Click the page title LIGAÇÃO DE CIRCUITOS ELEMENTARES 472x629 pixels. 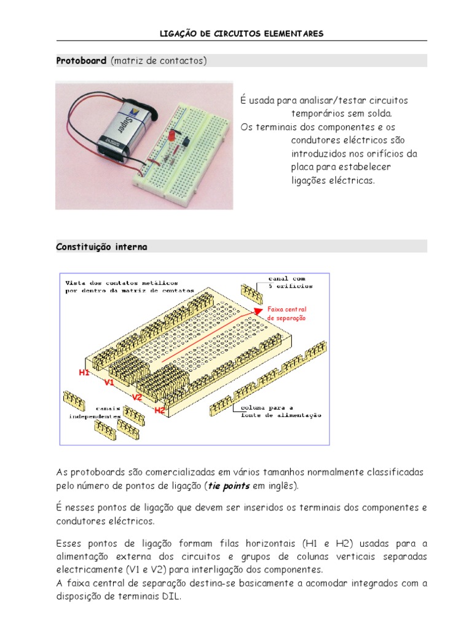pos(241,33)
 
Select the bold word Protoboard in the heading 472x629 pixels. pos(82,61)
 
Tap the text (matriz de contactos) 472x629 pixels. pos(159,61)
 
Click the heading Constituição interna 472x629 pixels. pos(101,246)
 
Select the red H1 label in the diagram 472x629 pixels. pos(84,372)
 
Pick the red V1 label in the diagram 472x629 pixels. pos(109,382)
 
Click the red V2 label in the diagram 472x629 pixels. pos(137,397)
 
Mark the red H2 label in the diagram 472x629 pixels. pos(160,410)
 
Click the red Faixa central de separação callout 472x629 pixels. pos(286,313)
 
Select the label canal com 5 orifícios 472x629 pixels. pos(291,282)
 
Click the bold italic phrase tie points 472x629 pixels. pos(228,486)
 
